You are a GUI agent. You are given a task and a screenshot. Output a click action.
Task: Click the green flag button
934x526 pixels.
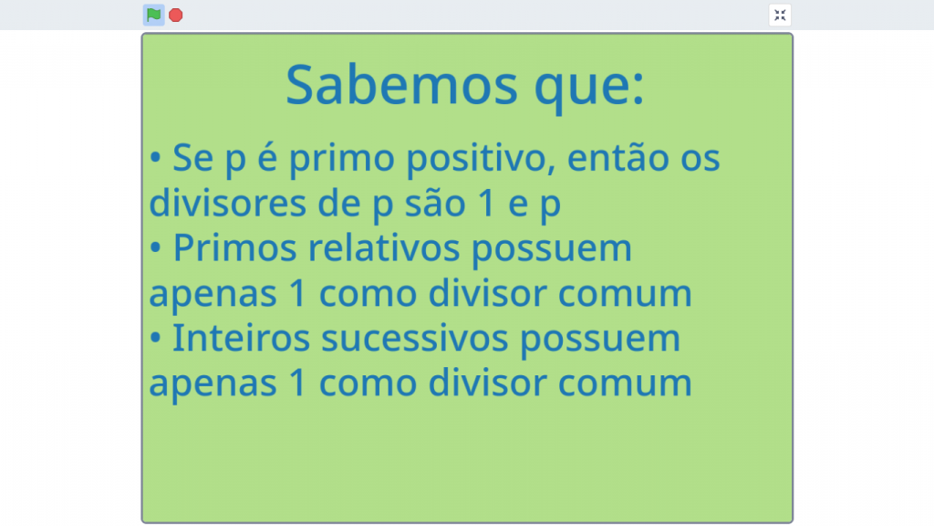tap(153, 15)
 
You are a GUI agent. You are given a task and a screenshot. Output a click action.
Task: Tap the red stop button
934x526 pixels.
tap(176, 15)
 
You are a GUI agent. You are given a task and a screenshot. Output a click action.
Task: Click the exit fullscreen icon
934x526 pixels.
tap(780, 15)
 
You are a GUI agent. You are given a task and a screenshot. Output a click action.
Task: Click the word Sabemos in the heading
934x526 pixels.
tap(401, 85)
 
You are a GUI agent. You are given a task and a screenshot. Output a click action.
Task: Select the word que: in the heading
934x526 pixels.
tap(589, 88)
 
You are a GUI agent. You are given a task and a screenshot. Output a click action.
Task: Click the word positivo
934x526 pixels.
tap(481, 160)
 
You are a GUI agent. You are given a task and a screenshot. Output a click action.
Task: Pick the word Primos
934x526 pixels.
tap(234, 249)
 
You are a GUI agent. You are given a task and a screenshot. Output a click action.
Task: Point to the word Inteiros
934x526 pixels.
tap(241, 338)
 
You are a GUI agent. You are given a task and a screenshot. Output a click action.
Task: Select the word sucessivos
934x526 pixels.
tap(415, 338)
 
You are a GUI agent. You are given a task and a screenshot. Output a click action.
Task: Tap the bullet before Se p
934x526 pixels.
tap(155, 158)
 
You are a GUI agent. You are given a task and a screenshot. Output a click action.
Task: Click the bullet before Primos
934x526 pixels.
tap(155, 247)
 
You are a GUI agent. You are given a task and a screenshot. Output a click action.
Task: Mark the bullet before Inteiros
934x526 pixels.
tap(155, 338)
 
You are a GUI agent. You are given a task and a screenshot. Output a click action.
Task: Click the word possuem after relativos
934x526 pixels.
tap(552, 250)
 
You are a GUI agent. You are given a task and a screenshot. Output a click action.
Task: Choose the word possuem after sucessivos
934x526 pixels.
tap(600, 341)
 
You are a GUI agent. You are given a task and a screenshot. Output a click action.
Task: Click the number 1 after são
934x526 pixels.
tap(487, 203)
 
